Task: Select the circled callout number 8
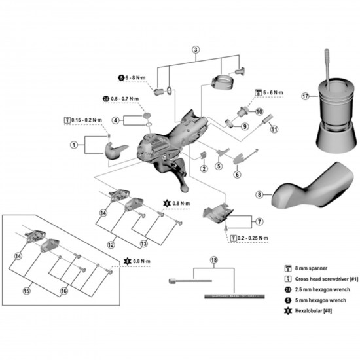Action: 259,194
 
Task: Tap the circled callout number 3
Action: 195,50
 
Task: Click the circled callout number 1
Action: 74,144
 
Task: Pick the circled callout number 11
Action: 274,129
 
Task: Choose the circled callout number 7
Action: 259,222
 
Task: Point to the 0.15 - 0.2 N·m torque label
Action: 86,120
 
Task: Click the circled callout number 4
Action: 115,120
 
